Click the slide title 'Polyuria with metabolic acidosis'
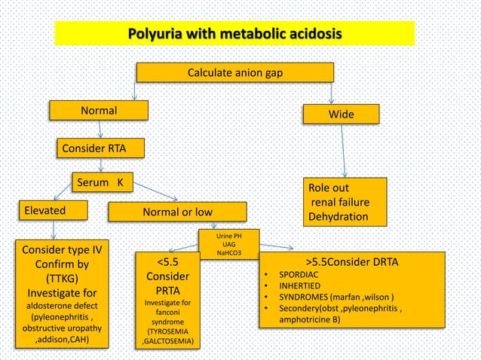point(234,34)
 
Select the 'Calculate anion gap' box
point(234,73)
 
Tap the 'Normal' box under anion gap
point(99,111)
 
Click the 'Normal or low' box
point(177,212)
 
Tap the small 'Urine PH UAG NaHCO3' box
point(229,244)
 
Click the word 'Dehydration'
point(338,217)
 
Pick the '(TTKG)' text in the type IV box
point(60,278)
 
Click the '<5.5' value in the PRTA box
point(167,262)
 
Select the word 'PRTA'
point(167,290)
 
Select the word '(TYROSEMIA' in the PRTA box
point(167,331)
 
